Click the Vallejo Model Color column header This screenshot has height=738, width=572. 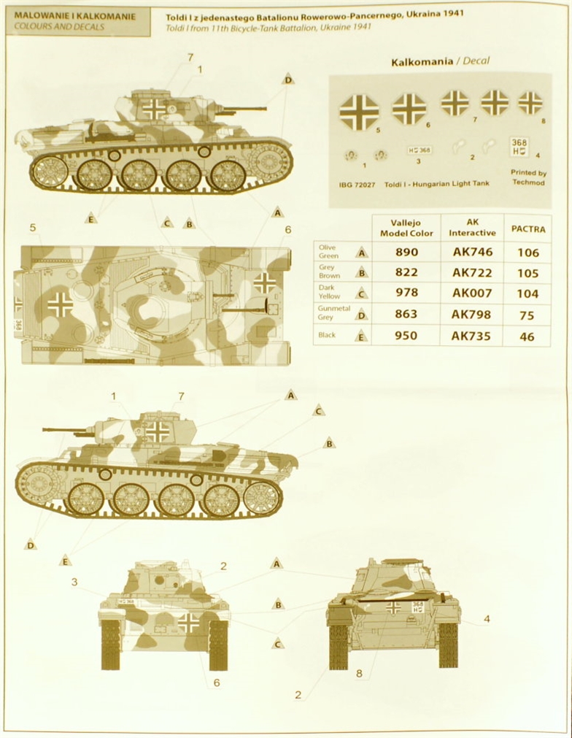(x=406, y=228)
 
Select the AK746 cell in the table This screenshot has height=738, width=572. (x=472, y=253)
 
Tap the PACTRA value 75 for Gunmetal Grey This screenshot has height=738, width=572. (x=527, y=315)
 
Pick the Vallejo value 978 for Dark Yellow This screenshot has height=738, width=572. (x=406, y=293)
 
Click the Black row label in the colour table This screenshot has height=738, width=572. (x=327, y=335)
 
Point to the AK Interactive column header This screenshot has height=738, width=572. (x=472, y=228)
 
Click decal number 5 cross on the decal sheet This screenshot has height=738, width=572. (x=360, y=112)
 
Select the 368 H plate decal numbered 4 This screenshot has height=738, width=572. (x=519, y=147)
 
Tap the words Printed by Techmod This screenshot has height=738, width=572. (x=529, y=177)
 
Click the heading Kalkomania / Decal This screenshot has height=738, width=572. (x=440, y=61)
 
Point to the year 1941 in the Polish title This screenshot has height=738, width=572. (x=452, y=14)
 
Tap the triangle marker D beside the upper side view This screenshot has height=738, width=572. (x=288, y=80)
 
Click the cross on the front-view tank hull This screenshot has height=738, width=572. (x=190, y=622)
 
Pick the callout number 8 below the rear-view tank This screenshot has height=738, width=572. (x=360, y=674)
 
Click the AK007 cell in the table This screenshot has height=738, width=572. (x=472, y=293)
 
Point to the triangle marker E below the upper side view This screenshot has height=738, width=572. (x=91, y=218)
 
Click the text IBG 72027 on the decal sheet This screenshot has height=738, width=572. (x=357, y=185)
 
